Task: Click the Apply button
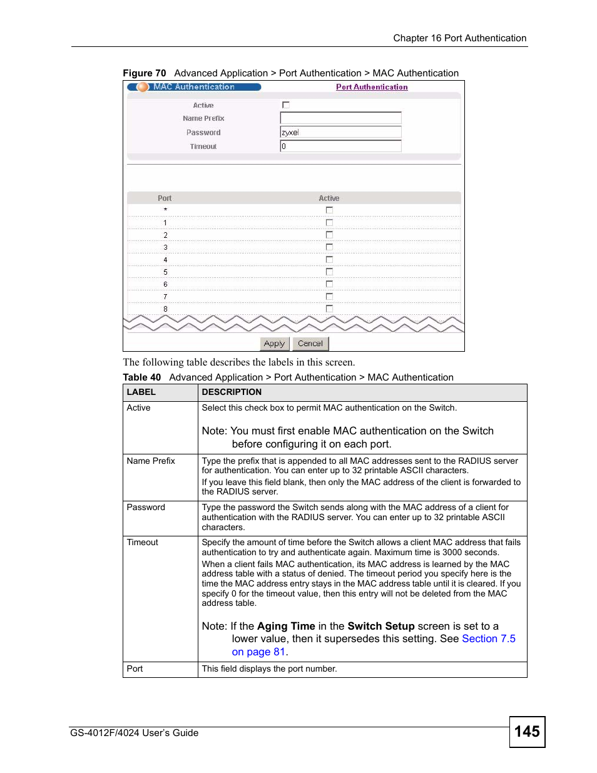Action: tap(274, 344)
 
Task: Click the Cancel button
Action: tap(310, 344)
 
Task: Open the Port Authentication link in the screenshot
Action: tap(372, 87)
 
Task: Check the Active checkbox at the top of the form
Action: tap(286, 105)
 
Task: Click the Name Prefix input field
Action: tap(340, 118)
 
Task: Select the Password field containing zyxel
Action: tap(340, 132)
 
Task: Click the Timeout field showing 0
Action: tap(340, 146)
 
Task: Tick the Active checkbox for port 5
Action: tap(329, 272)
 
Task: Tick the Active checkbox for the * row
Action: tap(329, 210)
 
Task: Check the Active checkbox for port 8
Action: tap(329, 309)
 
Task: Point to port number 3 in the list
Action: tap(165, 247)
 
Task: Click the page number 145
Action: tap(527, 732)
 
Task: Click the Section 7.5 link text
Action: tap(488, 638)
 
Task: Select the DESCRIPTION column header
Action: tap(232, 392)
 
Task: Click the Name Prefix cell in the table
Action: tap(151, 461)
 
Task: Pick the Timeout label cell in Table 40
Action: tap(143, 542)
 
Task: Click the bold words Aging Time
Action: tap(286, 626)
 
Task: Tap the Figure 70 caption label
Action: tap(145, 73)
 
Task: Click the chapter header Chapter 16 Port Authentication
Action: tap(459, 38)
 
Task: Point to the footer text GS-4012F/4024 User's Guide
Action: tap(135, 733)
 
